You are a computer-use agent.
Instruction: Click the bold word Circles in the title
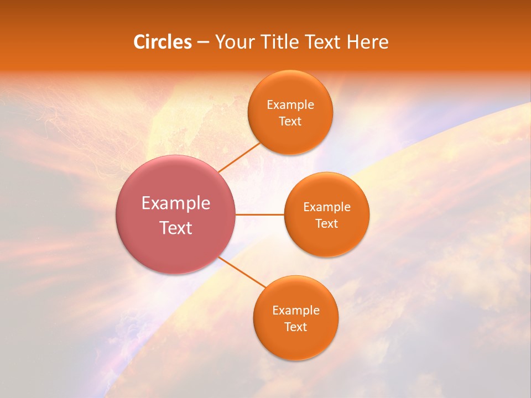click(162, 42)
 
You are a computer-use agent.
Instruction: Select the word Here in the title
click(367, 42)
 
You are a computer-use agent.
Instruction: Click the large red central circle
click(175, 243)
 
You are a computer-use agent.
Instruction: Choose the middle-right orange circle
click(326, 238)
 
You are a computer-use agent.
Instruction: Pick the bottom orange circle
click(295, 343)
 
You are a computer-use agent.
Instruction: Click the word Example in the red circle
click(175, 203)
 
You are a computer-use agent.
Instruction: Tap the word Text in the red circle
click(175, 228)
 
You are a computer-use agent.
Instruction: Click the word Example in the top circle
click(290, 105)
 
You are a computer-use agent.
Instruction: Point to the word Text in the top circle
click(290, 122)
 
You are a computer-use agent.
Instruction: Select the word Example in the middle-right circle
click(326, 207)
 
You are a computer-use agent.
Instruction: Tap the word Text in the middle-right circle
click(326, 224)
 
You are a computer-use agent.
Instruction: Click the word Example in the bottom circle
click(295, 311)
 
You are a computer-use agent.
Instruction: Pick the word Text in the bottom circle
click(295, 327)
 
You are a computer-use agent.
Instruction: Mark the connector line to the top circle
click(239, 157)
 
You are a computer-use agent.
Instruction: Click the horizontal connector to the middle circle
click(260, 214)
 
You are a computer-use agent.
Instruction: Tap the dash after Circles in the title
click(203, 43)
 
